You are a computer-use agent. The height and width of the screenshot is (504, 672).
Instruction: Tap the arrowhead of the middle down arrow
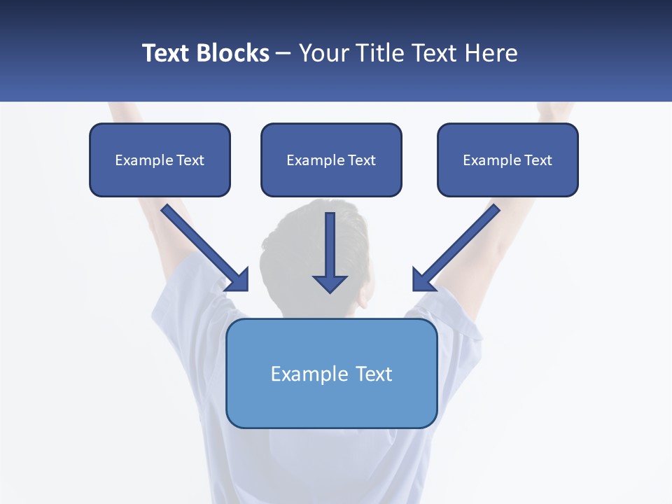[330, 283]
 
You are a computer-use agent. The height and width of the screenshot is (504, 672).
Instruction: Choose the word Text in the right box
[538, 160]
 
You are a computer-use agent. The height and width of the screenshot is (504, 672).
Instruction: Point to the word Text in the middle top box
[362, 160]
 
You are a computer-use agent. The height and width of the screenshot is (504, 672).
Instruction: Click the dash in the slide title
[283, 53]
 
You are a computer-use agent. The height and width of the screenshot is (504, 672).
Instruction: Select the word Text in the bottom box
[374, 374]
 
